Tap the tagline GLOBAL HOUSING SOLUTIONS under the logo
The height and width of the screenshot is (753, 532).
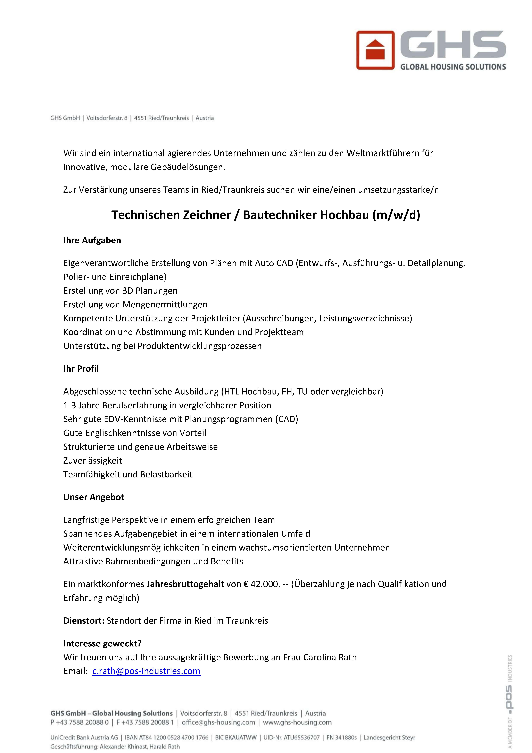(453, 67)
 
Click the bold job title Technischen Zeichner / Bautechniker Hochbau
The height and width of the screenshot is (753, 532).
(266, 215)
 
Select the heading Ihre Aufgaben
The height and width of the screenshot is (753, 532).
(92, 240)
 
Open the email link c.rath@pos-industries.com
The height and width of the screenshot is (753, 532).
(146, 671)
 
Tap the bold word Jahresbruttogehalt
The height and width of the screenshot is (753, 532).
(185, 584)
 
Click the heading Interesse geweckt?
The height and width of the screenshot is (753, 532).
(102, 643)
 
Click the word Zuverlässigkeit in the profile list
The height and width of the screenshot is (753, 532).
(93, 460)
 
